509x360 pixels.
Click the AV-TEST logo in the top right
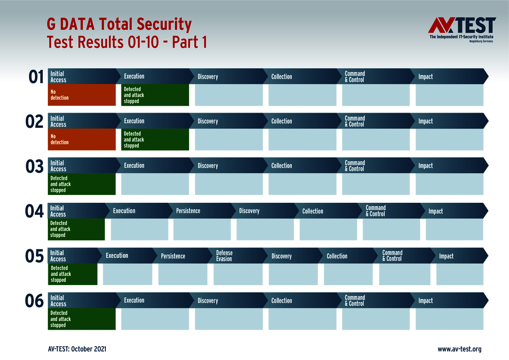tap(462, 29)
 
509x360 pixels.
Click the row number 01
tap(36, 77)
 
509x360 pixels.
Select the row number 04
tap(34, 211)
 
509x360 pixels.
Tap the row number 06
tap(35, 301)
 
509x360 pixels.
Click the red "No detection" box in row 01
tap(82, 95)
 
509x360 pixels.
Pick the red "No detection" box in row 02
tap(82, 139)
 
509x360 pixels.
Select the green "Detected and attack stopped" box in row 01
tap(155, 95)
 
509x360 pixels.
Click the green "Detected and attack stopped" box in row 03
tap(82, 184)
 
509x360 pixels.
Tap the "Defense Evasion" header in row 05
tap(225, 256)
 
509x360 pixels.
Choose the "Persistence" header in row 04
tap(188, 211)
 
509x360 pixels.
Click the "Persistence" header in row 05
tap(173, 256)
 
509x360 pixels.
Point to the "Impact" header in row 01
tap(426, 77)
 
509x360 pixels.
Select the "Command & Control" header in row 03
tap(355, 166)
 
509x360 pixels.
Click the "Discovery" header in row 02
tap(208, 121)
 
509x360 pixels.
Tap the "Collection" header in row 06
tap(282, 301)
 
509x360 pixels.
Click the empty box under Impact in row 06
tap(450, 319)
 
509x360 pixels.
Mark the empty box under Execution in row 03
tap(155, 184)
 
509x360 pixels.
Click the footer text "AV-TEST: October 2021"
tap(77, 349)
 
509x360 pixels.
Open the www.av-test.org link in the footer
tap(459, 349)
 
